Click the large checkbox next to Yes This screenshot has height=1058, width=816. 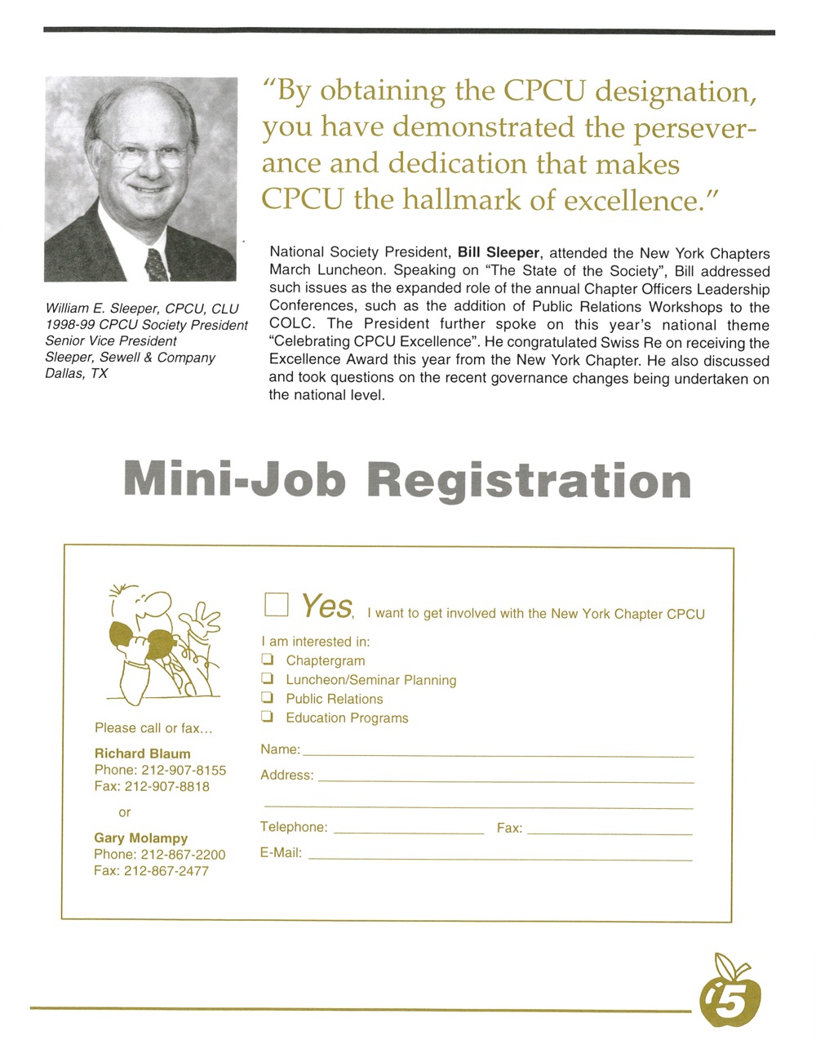(277, 604)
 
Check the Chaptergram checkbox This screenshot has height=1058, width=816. (267, 659)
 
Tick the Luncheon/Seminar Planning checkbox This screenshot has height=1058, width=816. (267, 678)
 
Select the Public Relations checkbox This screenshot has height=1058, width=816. (267, 697)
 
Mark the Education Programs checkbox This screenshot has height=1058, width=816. (267, 717)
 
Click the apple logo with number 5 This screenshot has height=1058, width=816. (729, 990)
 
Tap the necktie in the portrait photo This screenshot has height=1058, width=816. (156, 264)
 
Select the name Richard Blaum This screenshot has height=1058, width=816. (143, 753)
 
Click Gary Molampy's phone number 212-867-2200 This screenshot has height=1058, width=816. (183, 855)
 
